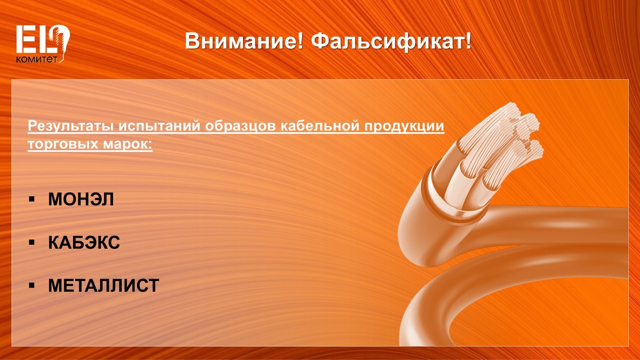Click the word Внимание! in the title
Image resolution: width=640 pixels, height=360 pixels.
tap(243, 41)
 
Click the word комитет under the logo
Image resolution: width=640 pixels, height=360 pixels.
tap(37, 59)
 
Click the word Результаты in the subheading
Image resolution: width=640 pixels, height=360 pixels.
tap(71, 126)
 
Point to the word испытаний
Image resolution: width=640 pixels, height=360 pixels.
tap(159, 126)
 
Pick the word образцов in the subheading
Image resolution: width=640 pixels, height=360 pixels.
tap(241, 126)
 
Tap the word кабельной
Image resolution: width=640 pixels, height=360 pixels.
tap(319, 126)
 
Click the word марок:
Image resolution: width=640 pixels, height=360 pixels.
tap(127, 144)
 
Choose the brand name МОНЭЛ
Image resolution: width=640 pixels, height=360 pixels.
tap(81, 199)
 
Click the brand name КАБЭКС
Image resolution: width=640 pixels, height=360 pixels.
tap(84, 243)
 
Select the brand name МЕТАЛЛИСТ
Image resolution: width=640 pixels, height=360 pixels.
tap(103, 285)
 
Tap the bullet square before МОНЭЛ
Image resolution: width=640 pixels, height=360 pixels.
tap(31, 199)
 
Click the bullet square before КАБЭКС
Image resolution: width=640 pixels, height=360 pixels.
tap(31, 243)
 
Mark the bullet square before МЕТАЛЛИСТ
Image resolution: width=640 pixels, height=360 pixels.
tap(31, 285)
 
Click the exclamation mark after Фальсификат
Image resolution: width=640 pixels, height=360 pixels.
tap(468, 41)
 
